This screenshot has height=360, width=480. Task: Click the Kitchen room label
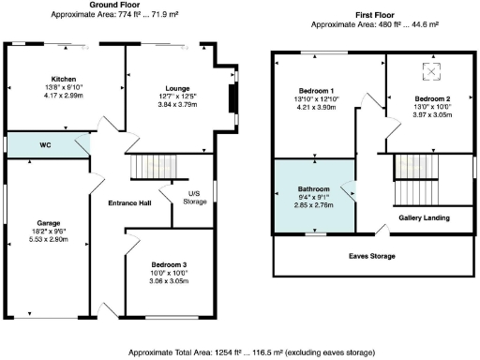point(63,79)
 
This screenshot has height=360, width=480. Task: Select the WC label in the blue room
point(44,145)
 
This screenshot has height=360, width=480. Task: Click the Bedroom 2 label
point(432,98)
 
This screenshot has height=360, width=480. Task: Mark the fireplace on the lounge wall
point(230,97)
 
